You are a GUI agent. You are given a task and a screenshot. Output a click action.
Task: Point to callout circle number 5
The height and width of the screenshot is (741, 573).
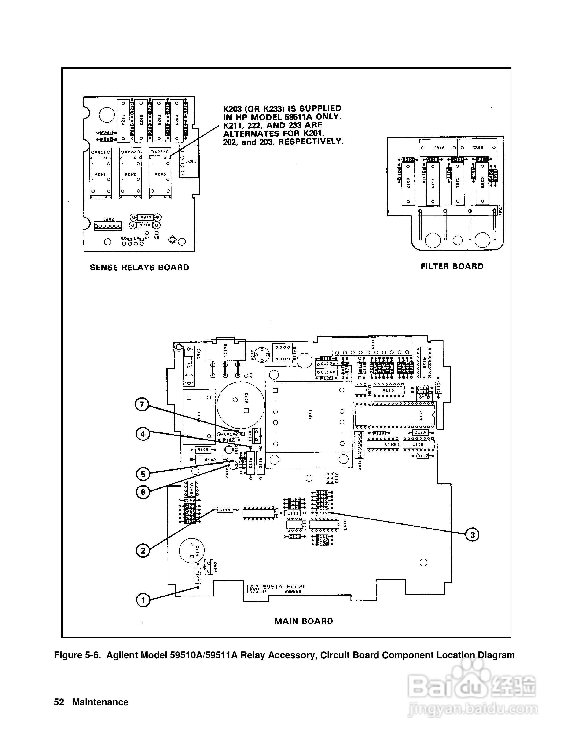pos(143,474)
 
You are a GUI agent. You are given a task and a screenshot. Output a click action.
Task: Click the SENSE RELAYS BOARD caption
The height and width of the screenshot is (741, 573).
pos(139,268)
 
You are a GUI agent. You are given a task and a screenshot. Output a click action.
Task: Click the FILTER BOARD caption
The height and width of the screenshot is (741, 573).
pos(452,266)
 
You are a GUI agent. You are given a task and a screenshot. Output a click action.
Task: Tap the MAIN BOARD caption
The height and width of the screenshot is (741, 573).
pos(304,621)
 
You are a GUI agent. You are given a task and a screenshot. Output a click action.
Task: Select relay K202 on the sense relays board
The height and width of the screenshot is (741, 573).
pos(130,174)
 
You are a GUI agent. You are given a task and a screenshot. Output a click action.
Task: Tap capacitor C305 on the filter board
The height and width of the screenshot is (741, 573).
pos(478,148)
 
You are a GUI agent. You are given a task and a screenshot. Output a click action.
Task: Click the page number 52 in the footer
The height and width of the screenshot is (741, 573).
pos(59,702)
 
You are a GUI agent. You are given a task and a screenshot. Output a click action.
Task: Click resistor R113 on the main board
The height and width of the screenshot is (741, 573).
pos(388,390)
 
